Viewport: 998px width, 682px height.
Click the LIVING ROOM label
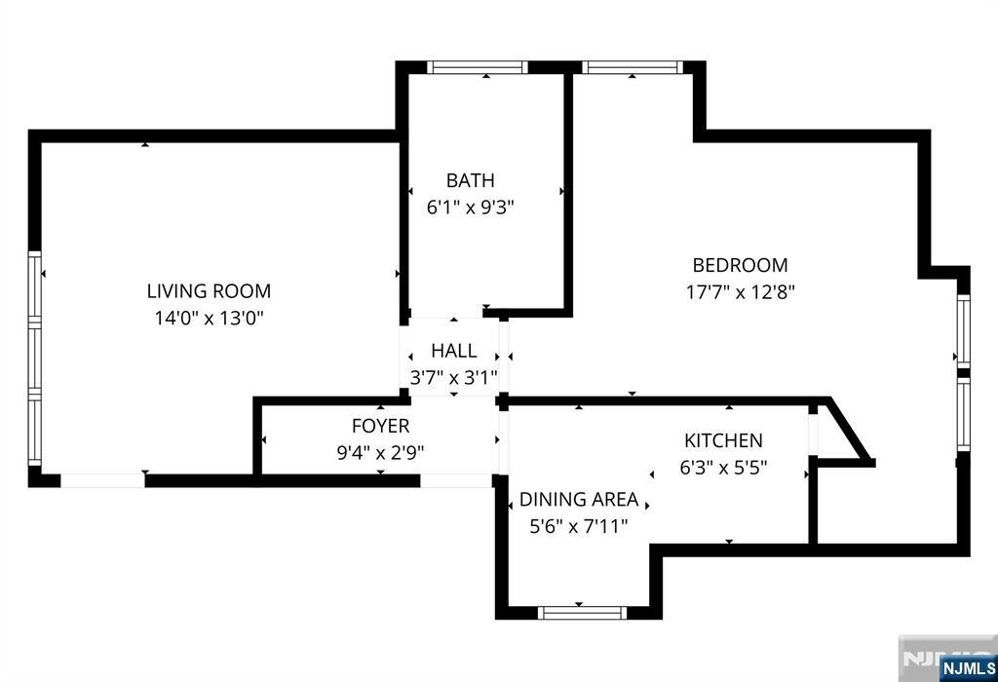209,290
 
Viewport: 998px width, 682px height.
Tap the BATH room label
470,180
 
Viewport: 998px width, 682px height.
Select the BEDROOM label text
740,265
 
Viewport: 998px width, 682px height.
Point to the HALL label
454,351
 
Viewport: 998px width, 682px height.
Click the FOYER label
380,426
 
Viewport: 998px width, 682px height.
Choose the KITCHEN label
723,441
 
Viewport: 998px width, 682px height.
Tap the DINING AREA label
579,500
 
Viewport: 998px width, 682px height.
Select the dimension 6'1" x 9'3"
470,207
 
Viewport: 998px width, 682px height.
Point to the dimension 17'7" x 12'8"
740,291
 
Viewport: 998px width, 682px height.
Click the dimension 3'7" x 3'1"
453,377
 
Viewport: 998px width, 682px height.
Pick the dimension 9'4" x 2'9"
380,452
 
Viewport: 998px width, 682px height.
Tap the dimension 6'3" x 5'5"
723,467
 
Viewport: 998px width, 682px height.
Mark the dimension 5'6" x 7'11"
579,526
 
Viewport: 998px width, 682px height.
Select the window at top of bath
478,68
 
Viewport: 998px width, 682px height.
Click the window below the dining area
582,612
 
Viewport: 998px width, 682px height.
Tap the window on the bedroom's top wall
633,68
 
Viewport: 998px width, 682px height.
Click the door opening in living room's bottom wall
102,480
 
